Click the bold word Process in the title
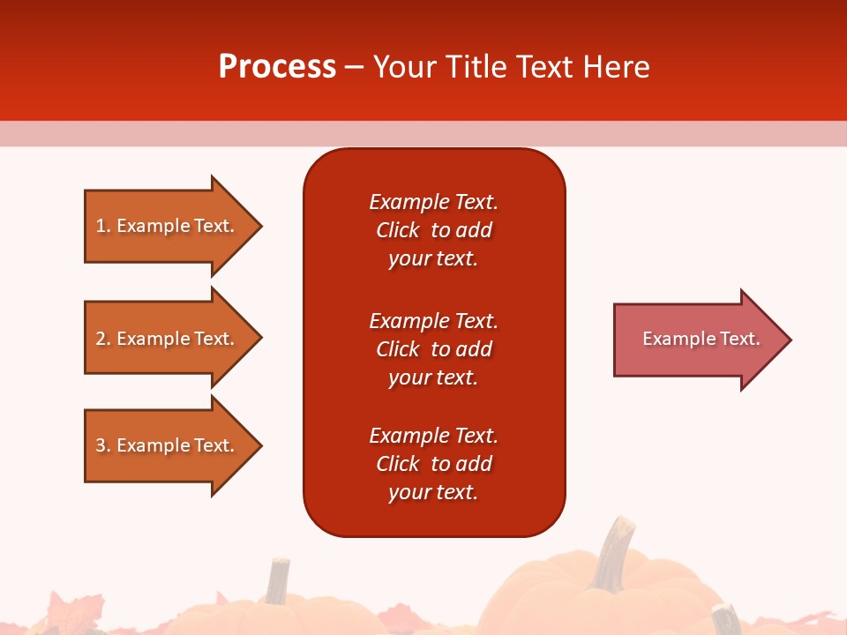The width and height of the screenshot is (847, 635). click(277, 67)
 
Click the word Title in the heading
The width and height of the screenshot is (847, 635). click(475, 67)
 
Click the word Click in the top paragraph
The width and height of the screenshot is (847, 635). click(397, 230)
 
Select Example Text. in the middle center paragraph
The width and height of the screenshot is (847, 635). click(433, 320)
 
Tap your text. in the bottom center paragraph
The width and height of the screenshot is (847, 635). click(433, 492)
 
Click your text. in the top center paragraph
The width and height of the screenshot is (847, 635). click(433, 258)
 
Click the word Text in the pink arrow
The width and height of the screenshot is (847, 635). click(740, 339)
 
